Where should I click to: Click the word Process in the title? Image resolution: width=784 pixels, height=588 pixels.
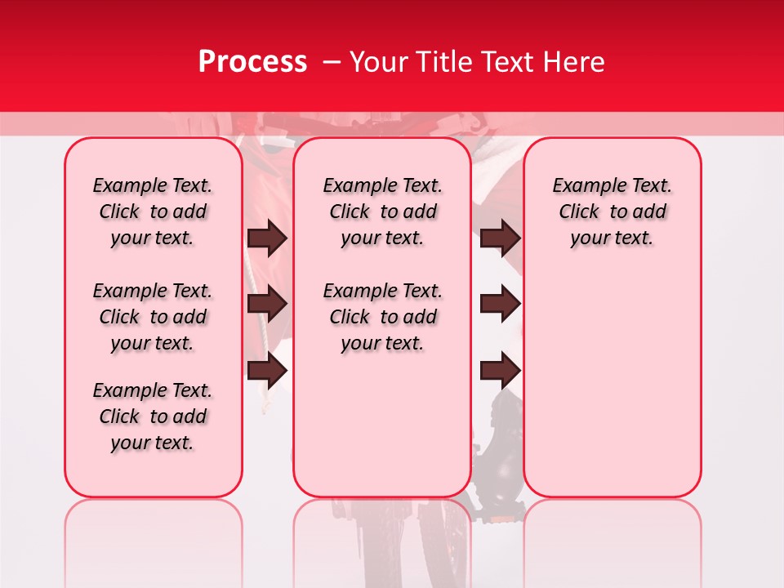click(252, 62)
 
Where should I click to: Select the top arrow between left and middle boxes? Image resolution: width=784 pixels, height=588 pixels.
click(267, 238)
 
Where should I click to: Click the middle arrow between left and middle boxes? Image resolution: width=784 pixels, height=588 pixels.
click(267, 305)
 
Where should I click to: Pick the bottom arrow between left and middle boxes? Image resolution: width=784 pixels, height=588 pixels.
click(267, 371)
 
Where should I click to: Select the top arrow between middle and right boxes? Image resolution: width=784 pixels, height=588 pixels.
click(501, 238)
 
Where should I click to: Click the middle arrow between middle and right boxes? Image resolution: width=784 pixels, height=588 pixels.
click(501, 305)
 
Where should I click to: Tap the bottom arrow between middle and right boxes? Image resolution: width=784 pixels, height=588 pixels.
click(501, 371)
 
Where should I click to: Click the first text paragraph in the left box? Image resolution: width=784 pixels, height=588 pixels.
click(153, 212)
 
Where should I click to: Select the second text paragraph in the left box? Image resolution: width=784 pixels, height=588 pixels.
click(153, 317)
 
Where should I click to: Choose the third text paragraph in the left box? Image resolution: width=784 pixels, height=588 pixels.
click(153, 416)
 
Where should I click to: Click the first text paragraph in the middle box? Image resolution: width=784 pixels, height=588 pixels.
click(382, 212)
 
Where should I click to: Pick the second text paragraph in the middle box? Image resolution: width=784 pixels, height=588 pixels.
click(382, 317)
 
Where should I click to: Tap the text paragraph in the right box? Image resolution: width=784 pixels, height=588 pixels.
click(612, 212)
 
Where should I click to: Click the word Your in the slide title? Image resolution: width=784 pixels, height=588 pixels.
click(379, 62)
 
